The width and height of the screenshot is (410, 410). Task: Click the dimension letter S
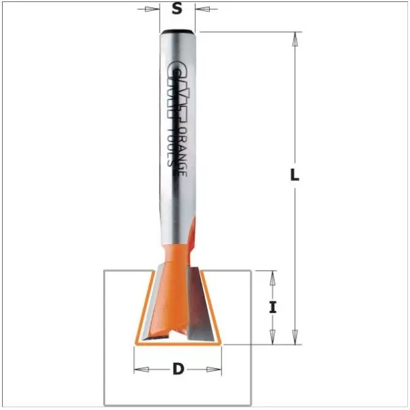(177, 9)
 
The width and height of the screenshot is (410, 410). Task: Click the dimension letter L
(295, 174)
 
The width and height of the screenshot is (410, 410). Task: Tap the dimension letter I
(273, 307)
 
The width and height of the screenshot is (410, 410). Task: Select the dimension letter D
(178, 369)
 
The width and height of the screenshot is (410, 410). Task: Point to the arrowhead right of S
(202, 9)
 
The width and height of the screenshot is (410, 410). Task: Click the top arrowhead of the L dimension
(295, 39)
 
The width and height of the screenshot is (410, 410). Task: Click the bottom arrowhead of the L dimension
(295, 337)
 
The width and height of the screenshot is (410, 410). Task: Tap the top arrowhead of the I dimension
(273, 278)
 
